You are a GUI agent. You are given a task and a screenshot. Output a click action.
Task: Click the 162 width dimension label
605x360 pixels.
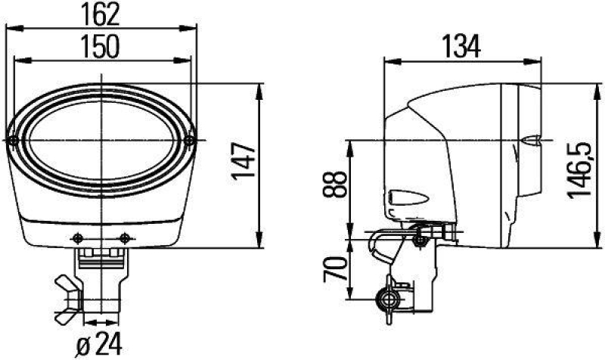click(101, 14)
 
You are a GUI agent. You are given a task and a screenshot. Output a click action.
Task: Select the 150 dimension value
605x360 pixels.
click(101, 46)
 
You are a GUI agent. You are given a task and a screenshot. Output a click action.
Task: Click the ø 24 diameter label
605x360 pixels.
click(101, 345)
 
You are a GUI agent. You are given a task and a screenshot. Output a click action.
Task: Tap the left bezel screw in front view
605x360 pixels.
click(14, 141)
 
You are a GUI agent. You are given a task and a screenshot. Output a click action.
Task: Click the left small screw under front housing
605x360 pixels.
click(76, 238)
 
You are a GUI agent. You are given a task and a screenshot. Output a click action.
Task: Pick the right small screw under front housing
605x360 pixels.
click(125, 238)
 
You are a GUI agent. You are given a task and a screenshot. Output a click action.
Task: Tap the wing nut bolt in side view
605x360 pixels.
click(389, 299)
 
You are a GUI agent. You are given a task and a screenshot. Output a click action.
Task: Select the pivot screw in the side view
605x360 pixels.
click(420, 240)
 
